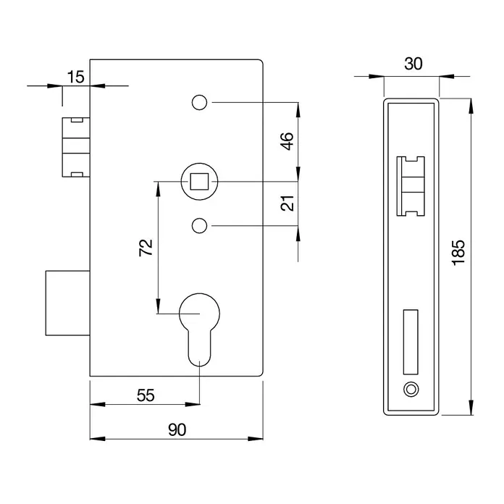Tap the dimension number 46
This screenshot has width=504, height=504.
click(287, 140)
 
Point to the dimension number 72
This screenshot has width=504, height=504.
click(146, 248)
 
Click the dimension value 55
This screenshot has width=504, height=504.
click(146, 395)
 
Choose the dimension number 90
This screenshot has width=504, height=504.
click(177, 429)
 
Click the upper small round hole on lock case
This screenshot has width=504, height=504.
click(198, 104)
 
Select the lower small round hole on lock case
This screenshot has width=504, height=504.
click(198, 227)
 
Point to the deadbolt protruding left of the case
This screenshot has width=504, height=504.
click(67, 302)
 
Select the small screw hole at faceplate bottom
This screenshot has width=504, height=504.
click(411, 390)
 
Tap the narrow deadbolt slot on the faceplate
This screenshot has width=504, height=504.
click(410, 340)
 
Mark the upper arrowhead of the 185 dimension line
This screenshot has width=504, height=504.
click(471, 104)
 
